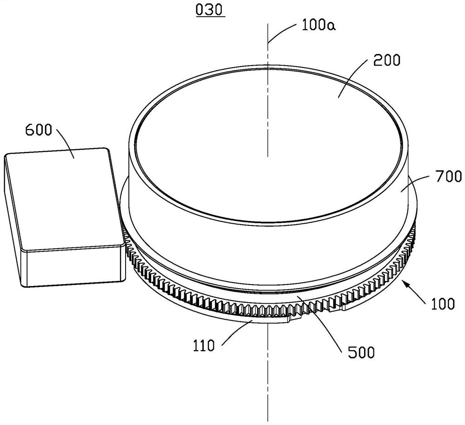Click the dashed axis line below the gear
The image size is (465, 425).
(268, 372)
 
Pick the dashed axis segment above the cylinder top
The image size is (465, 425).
(268, 51)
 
